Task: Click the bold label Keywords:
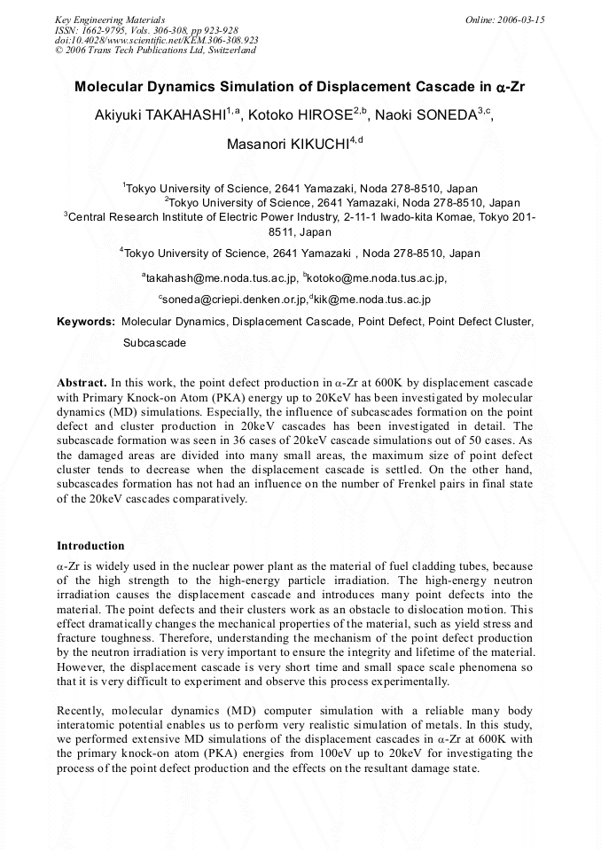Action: [86, 322]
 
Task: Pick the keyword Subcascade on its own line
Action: [154, 342]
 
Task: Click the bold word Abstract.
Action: [82, 382]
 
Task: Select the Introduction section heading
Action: [90, 545]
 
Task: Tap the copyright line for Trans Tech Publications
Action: [155, 51]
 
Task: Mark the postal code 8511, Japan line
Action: [300, 232]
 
